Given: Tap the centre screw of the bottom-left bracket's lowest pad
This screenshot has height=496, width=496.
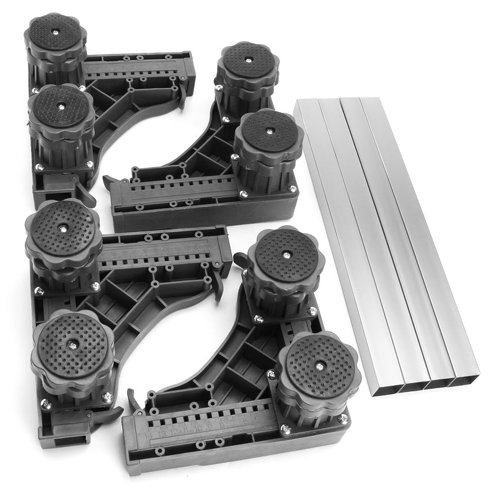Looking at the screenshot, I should (x=73, y=346).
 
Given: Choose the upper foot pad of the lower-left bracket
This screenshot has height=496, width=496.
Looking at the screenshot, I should (x=63, y=229).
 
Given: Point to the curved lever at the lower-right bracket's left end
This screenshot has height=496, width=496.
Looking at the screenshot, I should (x=134, y=400).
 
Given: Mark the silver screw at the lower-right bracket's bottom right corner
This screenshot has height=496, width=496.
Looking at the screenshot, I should (x=343, y=419).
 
